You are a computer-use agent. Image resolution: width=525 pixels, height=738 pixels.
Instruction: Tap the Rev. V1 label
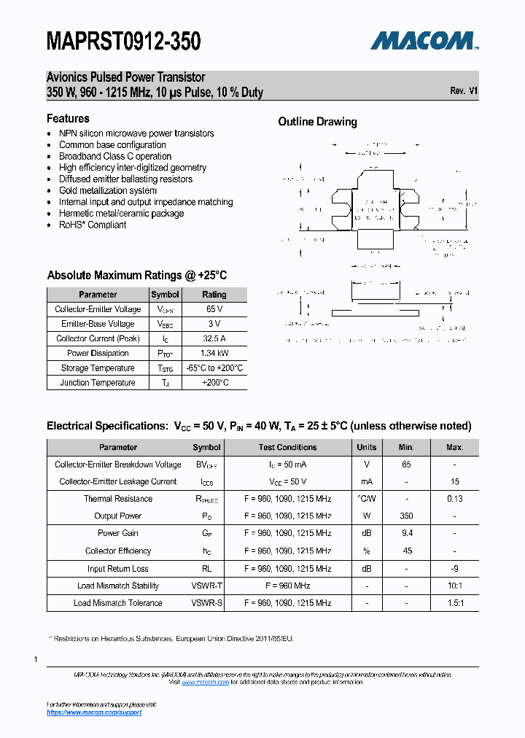464,91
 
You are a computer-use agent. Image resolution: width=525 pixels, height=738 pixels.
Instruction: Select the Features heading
68,118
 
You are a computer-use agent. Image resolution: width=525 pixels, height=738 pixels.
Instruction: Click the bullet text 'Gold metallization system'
107,190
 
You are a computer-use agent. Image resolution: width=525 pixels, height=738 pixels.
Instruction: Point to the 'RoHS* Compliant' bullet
92,225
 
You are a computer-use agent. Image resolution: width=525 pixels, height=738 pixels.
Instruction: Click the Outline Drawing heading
317,122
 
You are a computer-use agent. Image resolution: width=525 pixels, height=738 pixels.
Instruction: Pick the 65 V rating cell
214,309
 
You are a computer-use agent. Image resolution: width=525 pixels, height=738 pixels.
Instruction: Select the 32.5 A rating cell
214,338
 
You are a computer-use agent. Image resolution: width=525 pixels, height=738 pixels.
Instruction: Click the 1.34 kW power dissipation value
214,353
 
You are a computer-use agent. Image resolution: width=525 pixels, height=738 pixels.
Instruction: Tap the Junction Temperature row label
97,382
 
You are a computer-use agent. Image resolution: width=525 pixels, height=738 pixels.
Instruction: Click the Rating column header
214,295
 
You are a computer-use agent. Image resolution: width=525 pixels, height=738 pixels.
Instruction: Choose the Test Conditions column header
287,447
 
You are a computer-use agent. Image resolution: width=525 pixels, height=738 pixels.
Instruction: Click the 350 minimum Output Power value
406,516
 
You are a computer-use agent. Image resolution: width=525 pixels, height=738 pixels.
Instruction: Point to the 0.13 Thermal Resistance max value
454,499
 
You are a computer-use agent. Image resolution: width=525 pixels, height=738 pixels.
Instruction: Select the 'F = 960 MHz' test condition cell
287,586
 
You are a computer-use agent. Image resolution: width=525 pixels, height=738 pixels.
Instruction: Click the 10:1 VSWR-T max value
454,586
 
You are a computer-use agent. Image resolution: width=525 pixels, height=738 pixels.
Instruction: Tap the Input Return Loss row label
117,568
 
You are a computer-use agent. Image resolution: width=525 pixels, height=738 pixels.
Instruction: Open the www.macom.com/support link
94,712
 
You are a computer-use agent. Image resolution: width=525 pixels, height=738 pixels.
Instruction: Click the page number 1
36,659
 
